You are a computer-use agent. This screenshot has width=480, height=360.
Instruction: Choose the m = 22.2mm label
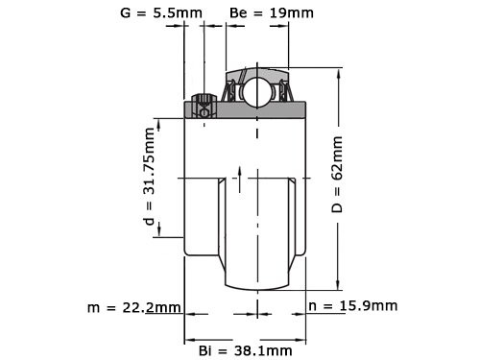(x=132, y=307)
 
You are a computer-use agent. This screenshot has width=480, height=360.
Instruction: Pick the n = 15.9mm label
(x=353, y=306)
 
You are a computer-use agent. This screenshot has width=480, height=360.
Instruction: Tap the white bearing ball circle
(x=257, y=92)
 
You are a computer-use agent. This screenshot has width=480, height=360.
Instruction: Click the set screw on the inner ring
(x=204, y=106)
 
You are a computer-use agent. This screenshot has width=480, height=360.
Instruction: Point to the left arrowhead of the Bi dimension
(x=188, y=339)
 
